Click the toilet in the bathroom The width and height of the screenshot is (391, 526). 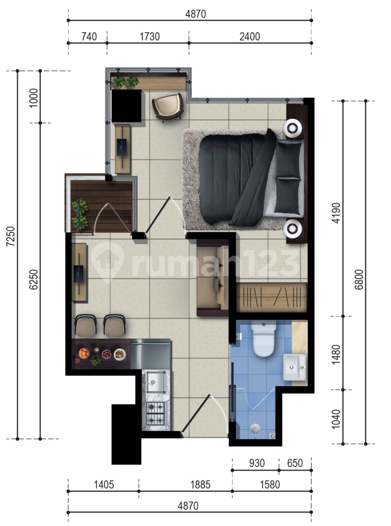coord(264,340)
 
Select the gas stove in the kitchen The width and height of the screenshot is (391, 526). coord(156,413)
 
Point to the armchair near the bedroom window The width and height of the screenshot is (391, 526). coord(169,107)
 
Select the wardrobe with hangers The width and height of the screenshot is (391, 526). coord(271,297)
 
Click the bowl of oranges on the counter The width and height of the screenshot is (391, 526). coord(84,353)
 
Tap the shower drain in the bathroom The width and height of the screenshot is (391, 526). coord(256,428)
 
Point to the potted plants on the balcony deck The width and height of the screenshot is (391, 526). coord(80,214)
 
